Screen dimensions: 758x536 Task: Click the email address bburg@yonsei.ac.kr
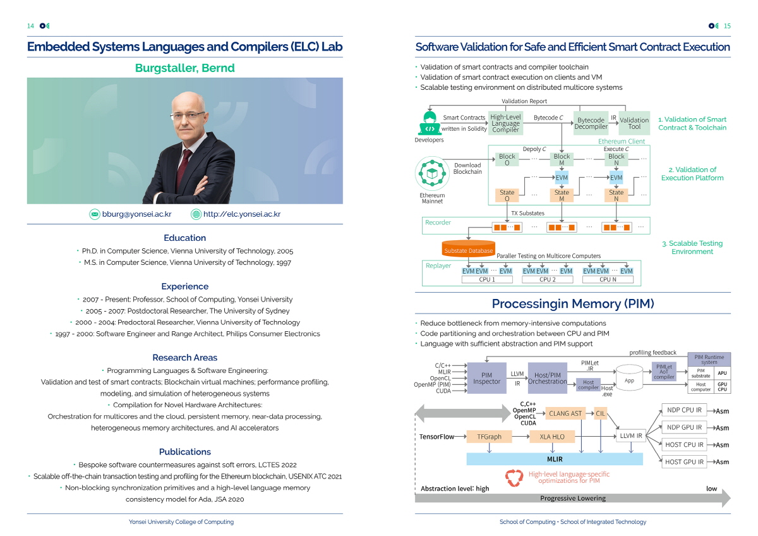[136, 214]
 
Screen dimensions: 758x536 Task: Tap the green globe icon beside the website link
[196, 214]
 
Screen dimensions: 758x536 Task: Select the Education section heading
[184, 238]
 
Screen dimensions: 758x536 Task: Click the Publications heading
[184, 452]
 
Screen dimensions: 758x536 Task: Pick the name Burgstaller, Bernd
[184, 68]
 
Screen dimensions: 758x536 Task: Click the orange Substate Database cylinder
[468, 248]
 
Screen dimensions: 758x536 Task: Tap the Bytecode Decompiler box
[591, 123]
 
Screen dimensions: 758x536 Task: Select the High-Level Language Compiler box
[505, 123]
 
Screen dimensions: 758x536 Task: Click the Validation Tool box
[634, 123]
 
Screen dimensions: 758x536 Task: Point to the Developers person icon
[430, 123]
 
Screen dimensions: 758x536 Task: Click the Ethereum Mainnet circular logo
[432, 173]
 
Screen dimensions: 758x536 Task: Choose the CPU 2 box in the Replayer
[547, 279]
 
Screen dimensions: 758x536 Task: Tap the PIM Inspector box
[486, 378]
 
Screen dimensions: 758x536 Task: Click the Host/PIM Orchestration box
[547, 378]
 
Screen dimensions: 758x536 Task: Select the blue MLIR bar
[555, 459]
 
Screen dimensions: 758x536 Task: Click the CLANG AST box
[565, 413]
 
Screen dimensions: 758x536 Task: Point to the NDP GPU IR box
[684, 427]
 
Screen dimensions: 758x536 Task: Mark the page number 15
[727, 26]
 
